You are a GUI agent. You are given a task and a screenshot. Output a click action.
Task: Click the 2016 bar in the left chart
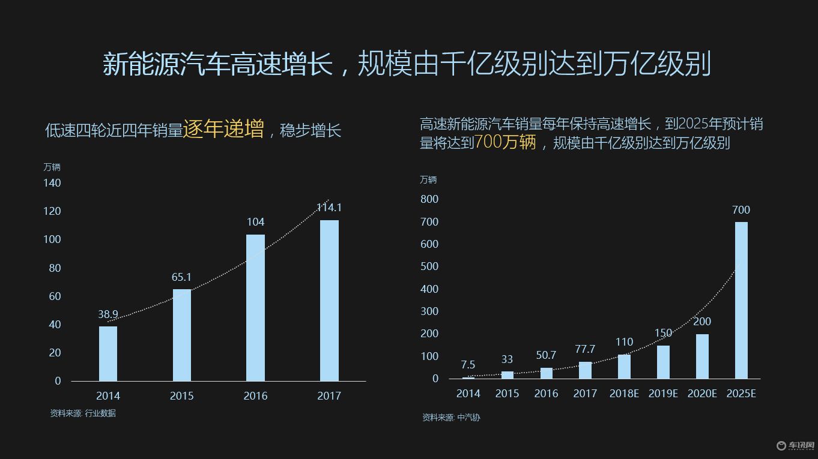pos(255,307)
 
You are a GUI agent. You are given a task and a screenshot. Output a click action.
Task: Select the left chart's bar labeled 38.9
pos(108,353)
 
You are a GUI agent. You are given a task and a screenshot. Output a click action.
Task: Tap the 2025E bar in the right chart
pos(741,300)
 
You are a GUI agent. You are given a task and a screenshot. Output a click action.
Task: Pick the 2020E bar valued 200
pos(702,356)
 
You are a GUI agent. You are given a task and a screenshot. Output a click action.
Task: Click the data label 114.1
pos(329,208)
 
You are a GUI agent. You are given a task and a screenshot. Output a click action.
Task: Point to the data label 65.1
pos(181,277)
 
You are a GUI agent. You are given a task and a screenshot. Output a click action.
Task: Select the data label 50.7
pos(546,355)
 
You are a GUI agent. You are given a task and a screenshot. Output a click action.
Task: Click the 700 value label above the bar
pos(741,210)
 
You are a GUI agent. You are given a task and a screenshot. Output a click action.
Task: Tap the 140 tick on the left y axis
pos(52,182)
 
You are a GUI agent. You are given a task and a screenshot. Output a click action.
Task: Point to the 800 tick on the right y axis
pos(430,199)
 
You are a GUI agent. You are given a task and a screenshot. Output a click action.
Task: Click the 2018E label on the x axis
pos(624,394)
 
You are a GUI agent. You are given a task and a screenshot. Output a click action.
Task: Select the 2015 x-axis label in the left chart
pos(181,396)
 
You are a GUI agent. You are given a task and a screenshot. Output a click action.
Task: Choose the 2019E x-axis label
pos(663,394)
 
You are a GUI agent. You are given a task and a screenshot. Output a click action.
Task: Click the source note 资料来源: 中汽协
pos(451,418)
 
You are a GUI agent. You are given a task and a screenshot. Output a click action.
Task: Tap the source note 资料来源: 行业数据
pos(83,413)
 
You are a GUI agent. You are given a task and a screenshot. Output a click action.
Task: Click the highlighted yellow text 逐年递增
pos(223,129)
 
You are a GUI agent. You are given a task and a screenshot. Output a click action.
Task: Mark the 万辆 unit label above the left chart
pos(52,167)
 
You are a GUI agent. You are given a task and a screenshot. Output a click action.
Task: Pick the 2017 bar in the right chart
pos(585,370)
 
